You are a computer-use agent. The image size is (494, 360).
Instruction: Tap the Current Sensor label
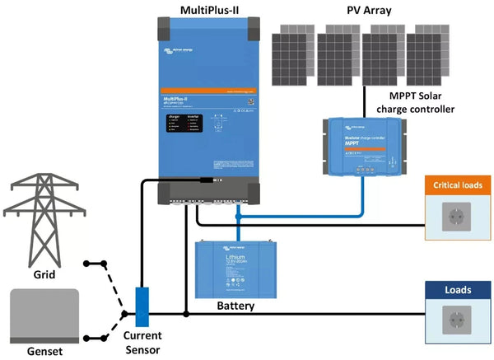(141, 343)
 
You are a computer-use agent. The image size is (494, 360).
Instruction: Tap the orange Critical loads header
(459, 185)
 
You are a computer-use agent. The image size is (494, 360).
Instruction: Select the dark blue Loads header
(459, 290)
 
